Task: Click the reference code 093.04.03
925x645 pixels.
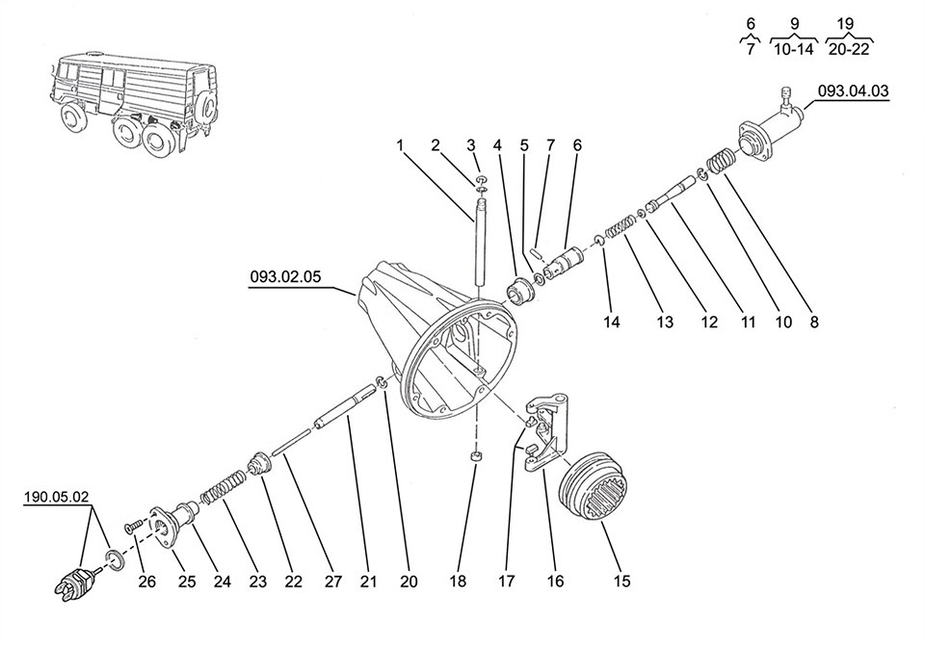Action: [853, 91]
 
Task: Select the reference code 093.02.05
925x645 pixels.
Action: [285, 275]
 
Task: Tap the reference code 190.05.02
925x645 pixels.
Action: [57, 498]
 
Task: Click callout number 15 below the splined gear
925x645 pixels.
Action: [622, 580]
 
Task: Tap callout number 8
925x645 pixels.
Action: [813, 323]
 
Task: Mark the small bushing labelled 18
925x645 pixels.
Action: [474, 456]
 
